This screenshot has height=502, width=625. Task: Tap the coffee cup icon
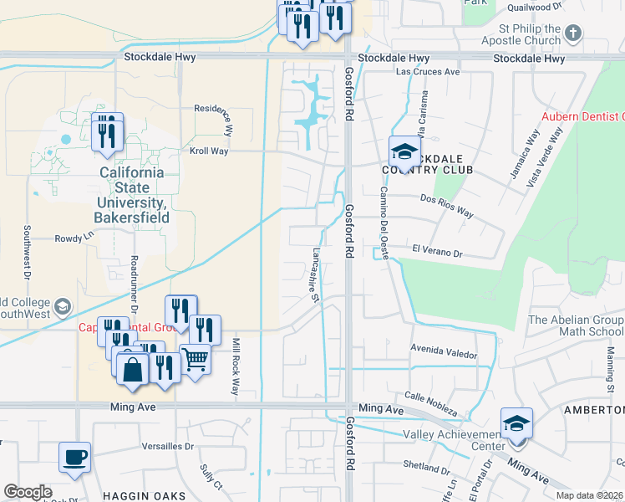tap(75, 457)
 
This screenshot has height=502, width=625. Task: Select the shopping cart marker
tap(195, 360)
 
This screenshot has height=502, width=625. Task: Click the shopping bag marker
tap(133, 367)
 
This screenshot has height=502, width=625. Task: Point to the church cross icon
tap(572, 33)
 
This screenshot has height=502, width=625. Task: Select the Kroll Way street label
tap(210, 151)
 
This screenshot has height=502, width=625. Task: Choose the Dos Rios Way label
tap(446, 206)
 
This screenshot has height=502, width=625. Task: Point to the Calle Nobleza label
tap(430, 403)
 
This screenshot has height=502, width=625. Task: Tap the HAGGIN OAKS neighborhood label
tap(144, 495)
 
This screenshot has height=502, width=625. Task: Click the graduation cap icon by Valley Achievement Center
tap(516, 423)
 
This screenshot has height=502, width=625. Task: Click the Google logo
tap(28, 492)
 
